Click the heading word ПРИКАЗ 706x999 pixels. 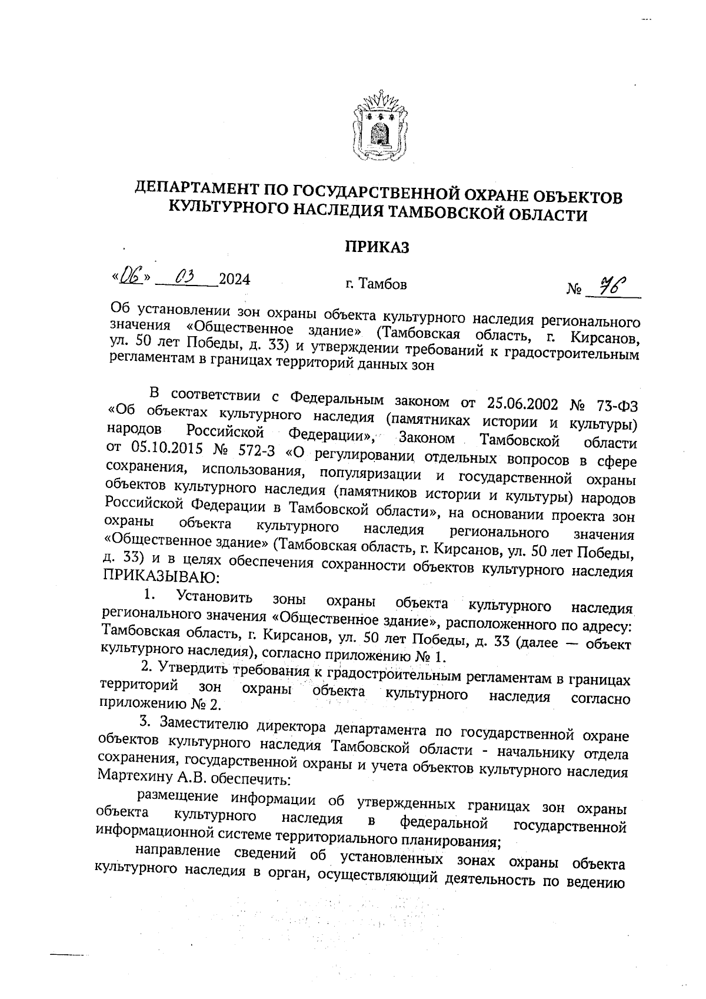pos(377,247)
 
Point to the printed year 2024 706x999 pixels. pos(234,279)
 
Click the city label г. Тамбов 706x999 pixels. pos(376,285)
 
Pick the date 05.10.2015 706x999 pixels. pos(159,448)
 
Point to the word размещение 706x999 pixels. pos(178,797)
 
